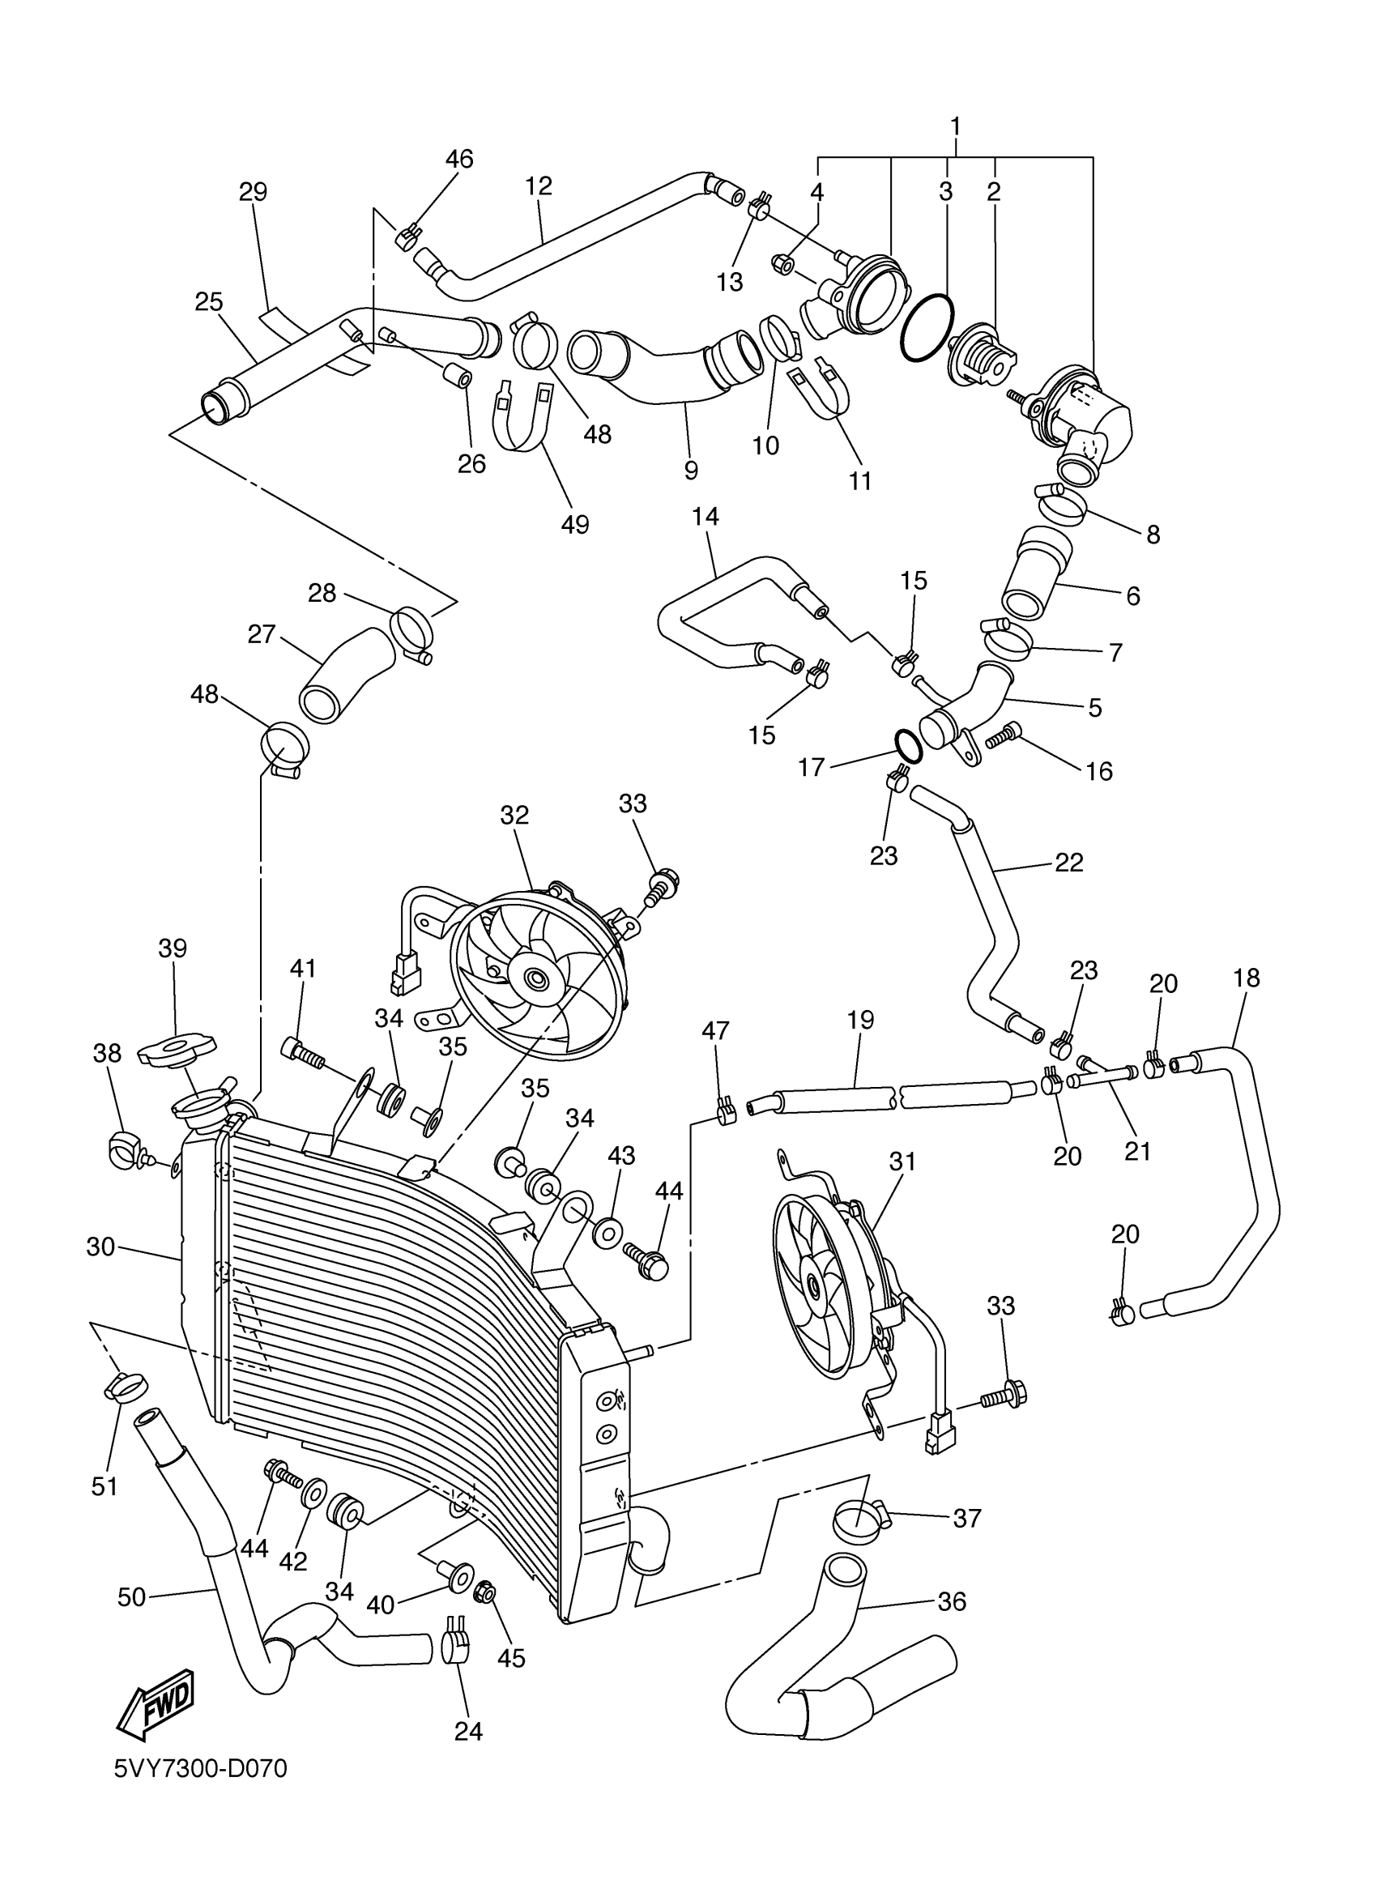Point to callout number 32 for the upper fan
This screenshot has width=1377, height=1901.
(514, 815)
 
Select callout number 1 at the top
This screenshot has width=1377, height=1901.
(955, 127)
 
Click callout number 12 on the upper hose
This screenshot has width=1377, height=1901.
(539, 186)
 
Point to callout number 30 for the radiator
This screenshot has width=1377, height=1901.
(100, 1247)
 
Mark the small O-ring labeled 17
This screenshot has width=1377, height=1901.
(909, 744)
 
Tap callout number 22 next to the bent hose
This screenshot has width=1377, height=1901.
(1068, 862)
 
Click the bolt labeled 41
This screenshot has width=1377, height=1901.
(305, 1052)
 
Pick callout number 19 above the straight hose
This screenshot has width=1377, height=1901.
(861, 1019)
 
